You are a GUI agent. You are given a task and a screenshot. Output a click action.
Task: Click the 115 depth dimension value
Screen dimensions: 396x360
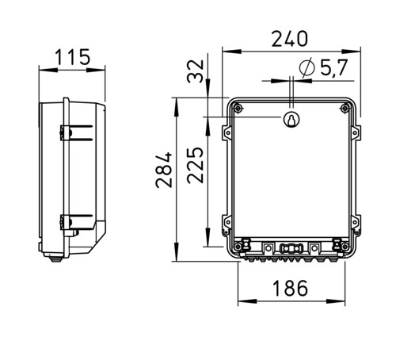[73, 57]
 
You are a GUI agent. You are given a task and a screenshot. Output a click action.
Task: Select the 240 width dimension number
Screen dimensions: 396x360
[290, 39]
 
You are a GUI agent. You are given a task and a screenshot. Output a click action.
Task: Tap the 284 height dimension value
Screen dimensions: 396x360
[164, 170]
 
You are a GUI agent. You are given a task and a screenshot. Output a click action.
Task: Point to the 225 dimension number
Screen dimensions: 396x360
[196, 165]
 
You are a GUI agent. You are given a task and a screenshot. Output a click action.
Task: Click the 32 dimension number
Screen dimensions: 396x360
[196, 71]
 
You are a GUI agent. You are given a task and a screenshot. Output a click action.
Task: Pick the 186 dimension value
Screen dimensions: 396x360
[290, 288]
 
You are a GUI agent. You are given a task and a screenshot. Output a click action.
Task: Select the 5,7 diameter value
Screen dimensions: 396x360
[334, 67]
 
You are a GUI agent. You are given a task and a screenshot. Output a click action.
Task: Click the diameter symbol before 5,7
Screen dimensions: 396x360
[307, 67]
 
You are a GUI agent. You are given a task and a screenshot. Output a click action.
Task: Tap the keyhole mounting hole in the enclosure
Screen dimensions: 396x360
[291, 120]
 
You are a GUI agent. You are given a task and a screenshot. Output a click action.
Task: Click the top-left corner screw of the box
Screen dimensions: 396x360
[238, 108]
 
